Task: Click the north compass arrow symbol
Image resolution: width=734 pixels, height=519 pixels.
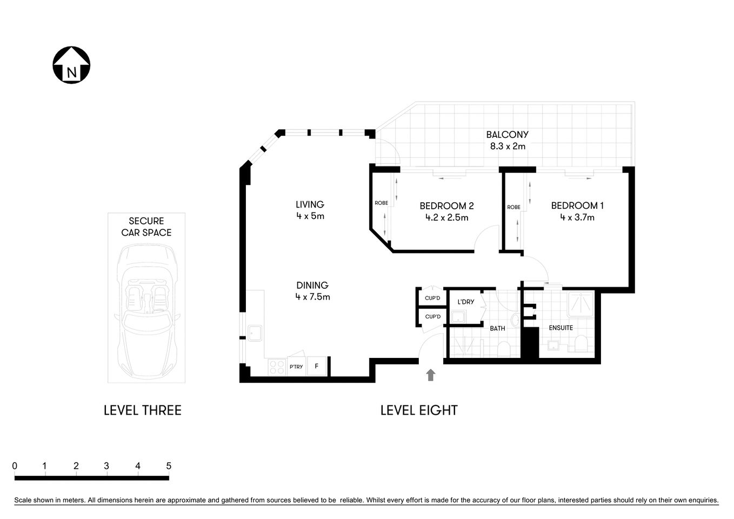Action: (x=71, y=65)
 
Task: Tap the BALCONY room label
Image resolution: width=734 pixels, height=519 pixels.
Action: (x=507, y=135)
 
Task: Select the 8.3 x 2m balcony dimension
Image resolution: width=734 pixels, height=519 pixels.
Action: (x=507, y=147)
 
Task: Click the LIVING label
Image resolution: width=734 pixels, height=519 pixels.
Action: (x=310, y=204)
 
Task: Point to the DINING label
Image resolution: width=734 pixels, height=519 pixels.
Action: (x=312, y=285)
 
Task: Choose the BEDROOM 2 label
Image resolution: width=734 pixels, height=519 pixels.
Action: (x=446, y=206)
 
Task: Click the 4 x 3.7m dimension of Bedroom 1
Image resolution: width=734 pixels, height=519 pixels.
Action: (x=577, y=217)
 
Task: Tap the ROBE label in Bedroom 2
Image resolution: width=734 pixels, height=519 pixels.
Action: (x=381, y=203)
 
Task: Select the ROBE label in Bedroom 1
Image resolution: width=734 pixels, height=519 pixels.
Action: (x=513, y=207)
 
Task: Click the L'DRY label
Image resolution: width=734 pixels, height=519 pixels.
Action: (x=465, y=302)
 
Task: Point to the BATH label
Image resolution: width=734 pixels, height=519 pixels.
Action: (x=497, y=328)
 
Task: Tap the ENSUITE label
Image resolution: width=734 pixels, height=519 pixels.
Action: (x=560, y=328)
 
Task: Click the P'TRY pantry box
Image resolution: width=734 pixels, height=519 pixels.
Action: (x=296, y=367)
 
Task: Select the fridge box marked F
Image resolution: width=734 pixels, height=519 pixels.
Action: (x=317, y=366)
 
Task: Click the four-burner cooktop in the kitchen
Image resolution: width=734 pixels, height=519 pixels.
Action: (x=277, y=367)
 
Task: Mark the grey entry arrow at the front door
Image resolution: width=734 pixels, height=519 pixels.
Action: (x=430, y=375)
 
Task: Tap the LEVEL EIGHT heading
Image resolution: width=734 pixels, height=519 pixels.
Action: (x=419, y=410)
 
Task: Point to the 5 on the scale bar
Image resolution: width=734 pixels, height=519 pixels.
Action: (x=169, y=465)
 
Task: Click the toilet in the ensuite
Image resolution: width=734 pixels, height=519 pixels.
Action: (x=581, y=343)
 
